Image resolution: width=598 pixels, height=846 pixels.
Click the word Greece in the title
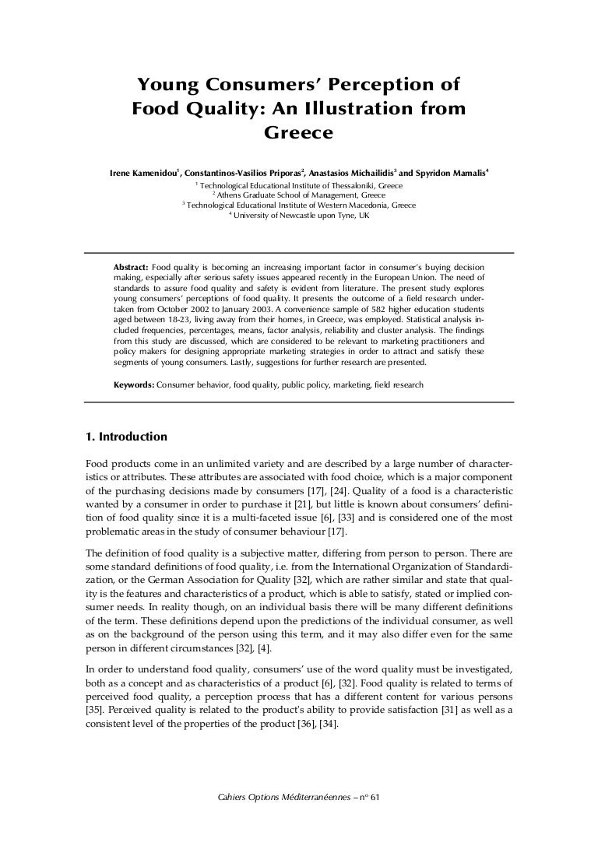pyautogui.click(x=299, y=133)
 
